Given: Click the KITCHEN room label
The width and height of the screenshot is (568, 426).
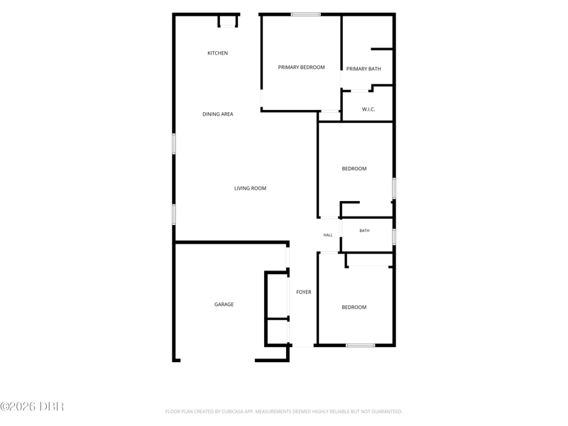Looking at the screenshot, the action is tap(218, 53).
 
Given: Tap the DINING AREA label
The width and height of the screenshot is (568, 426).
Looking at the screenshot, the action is tap(218, 114).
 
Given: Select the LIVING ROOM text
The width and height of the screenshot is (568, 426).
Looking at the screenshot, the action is tap(251, 188).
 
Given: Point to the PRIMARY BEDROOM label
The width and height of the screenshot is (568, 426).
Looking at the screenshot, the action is tap(301, 67).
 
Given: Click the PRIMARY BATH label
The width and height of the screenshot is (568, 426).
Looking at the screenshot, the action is tap(364, 69).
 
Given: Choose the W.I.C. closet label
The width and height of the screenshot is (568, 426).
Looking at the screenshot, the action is tap(368, 109).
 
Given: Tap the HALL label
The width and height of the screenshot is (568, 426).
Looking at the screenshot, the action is tap(328, 235).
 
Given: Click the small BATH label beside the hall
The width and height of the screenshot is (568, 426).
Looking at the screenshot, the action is tap(364, 231).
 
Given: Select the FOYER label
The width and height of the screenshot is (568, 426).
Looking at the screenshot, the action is tap(304, 292).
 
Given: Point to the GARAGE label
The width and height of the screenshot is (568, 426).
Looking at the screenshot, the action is tap(224, 305).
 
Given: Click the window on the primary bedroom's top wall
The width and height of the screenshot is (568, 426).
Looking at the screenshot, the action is tap(306, 14).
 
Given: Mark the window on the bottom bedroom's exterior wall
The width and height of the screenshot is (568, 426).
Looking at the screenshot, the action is tap(361, 345).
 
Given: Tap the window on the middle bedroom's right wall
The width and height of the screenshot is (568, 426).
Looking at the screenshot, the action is tap(394, 188).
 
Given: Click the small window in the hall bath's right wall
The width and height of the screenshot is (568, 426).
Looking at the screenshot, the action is tap(394, 236).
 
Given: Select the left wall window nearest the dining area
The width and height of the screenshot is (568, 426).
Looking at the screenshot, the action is tap(174, 144).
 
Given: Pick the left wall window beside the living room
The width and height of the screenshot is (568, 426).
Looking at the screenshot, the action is tap(174, 214).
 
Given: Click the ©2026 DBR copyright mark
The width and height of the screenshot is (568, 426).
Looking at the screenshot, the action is tap(32, 406).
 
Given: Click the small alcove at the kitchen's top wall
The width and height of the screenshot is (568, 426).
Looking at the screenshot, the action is tap(227, 21).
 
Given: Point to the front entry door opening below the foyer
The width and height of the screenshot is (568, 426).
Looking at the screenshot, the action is tap(302, 346).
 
